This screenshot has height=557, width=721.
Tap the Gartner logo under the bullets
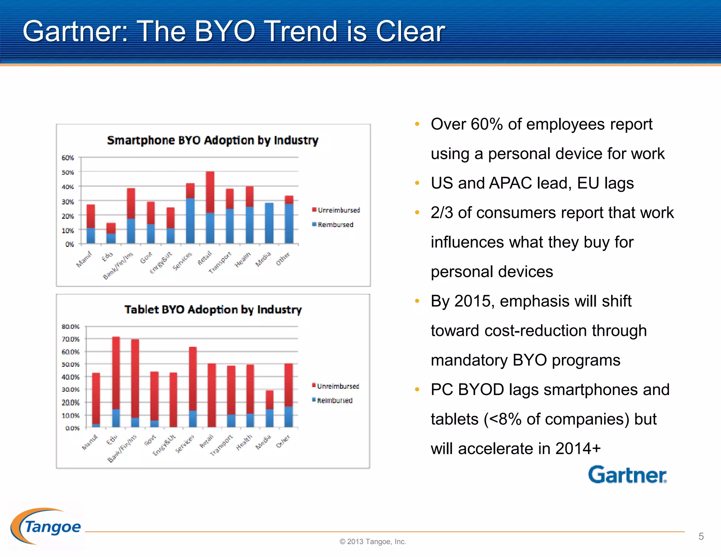pos(627,475)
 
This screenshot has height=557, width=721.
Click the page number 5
pos(701,536)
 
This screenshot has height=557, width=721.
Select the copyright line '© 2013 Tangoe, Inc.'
pos(372,542)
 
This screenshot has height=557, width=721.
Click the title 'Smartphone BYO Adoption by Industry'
pos(213,140)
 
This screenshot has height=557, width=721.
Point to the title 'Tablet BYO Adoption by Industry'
pos(213,309)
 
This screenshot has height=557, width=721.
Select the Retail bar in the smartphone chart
pos(210,207)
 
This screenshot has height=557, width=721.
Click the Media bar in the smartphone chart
pos(269,223)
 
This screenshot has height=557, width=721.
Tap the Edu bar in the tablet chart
pos(116,382)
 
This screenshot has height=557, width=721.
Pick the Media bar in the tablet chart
pos(269,408)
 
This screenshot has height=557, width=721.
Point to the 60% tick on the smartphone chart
pos(68,158)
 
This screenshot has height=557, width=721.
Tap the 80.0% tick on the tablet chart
pos(70,326)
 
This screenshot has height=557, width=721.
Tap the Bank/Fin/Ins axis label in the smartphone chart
pos(118,266)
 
